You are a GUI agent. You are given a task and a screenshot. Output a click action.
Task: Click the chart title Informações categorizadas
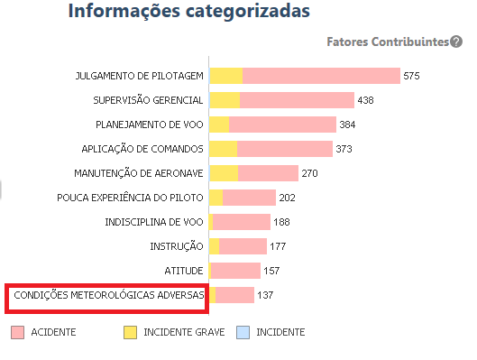(x=188, y=12)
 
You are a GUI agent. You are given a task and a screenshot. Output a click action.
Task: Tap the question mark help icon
(x=457, y=42)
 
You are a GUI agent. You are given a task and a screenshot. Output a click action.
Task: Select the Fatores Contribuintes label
(x=388, y=42)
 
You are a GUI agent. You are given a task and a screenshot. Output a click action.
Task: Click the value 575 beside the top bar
(x=412, y=76)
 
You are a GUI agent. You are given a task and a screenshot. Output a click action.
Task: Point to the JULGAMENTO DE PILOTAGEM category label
(x=139, y=76)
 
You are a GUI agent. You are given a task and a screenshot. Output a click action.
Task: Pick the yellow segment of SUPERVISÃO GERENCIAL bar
(x=225, y=100)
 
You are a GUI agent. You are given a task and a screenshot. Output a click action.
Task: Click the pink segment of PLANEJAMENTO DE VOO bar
(x=282, y=125)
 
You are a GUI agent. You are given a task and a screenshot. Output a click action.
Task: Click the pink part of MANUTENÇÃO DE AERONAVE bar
(x=268, y=173)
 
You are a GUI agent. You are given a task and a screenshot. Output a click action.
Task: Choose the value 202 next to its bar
(x=288, y=198)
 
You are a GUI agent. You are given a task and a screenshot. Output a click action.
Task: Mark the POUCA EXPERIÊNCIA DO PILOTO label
(x=130, y=198)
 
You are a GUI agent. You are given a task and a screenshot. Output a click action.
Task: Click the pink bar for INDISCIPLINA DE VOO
(x=242, y=222)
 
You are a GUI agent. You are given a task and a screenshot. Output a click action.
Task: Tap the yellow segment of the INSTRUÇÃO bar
(x=215, y=246)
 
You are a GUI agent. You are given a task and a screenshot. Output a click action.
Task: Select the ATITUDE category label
(x=184, y=271)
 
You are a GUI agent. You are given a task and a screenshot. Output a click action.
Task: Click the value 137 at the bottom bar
(x=265, y=295)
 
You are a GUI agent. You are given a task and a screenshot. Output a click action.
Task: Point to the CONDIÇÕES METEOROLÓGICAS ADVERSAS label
(x=109, y=295)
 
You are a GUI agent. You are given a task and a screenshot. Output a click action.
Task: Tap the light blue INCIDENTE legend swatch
(x=242, y=332)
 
